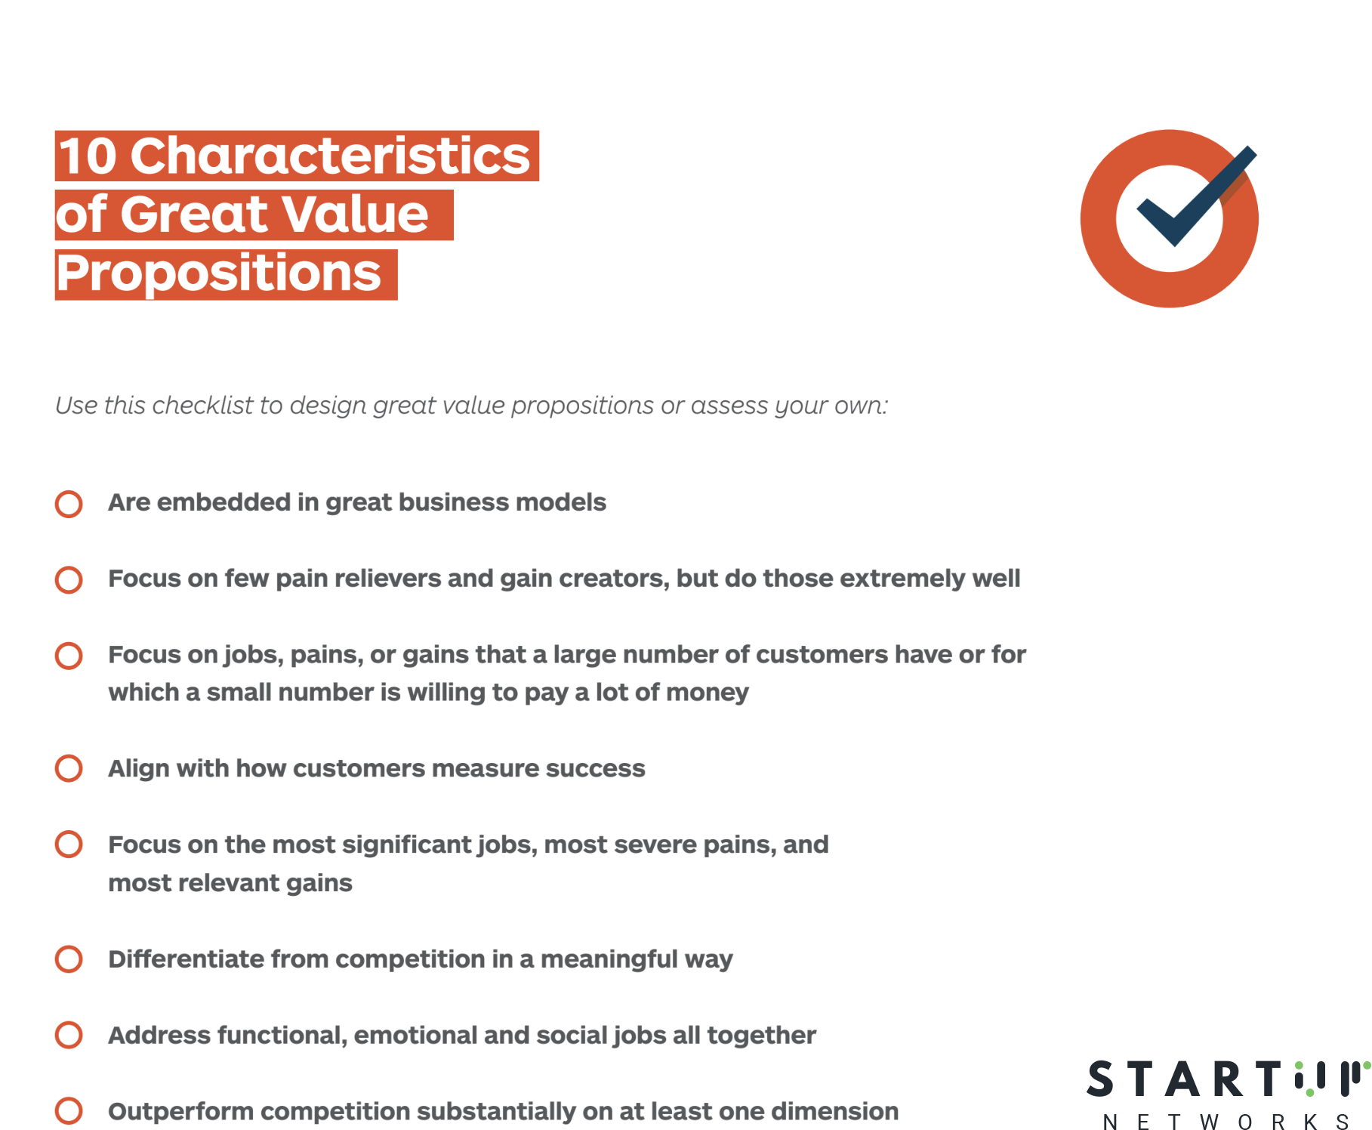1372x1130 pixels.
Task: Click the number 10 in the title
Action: coord(88,156)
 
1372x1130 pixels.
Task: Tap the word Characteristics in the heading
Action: coord(331,156)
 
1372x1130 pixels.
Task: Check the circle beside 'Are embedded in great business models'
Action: coord(69,504)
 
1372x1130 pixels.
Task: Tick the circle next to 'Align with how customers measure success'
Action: coord(69,768)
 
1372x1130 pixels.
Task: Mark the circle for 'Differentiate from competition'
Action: coord(69,959)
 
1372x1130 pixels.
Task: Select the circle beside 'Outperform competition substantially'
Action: coord(69,1110)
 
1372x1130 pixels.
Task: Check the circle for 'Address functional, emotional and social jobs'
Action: coord(69,1035)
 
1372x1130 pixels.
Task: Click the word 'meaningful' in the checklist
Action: coord(609,959)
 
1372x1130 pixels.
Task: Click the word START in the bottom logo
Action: coord(1184,1079)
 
